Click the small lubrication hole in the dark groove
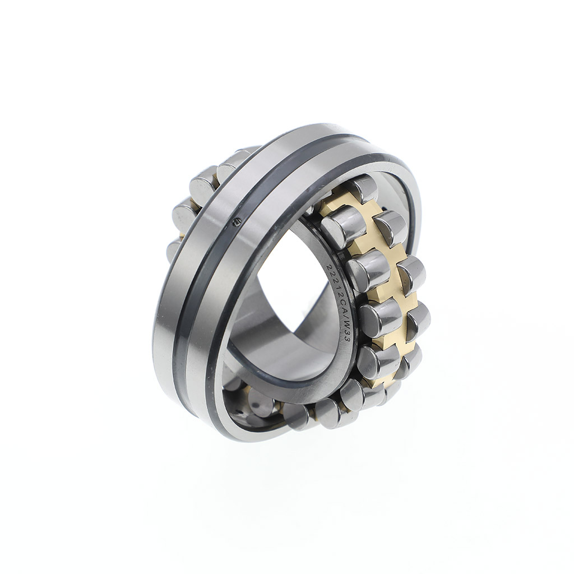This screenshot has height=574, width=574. (237, 220)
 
